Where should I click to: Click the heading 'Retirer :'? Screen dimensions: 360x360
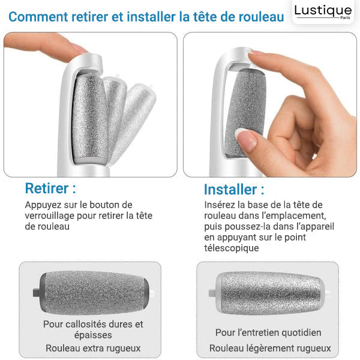tap(50, 188)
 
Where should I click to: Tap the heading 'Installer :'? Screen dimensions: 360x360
tap(233, 190)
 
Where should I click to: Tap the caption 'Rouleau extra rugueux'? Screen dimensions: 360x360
tap(93, 348)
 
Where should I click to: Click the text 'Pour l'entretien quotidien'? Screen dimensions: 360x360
tap(268, 332)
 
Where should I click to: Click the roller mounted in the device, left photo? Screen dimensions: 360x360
tap(89, 116)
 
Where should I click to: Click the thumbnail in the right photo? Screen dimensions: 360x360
tap(247, 140)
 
